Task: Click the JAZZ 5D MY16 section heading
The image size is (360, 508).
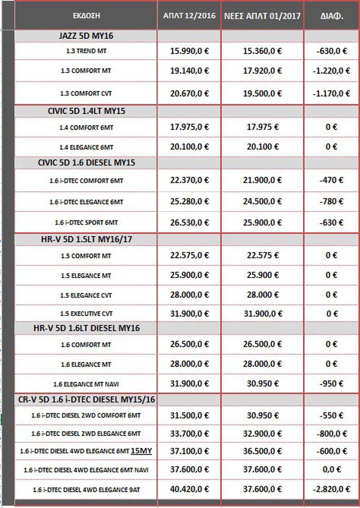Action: click(x=86, y=36)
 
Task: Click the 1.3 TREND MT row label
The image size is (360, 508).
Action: click(x=86, y=51)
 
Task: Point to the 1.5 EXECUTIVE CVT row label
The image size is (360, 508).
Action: click(x=86, y=313)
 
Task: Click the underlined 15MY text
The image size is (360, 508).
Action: click(x=140, y=450)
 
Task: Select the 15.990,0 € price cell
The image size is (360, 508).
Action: click(x=189, y=51)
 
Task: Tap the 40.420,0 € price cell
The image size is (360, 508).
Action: click(x=189, y=489)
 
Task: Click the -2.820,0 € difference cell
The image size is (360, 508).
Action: click(x=332, y=489)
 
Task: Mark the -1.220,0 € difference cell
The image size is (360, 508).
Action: click(x=332, y=71)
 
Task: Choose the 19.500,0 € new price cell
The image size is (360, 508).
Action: click(x=262, y=93)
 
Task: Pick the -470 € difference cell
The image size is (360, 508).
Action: click(x=332, y=180)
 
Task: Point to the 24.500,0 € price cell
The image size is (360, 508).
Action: click(x=262, y=201)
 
